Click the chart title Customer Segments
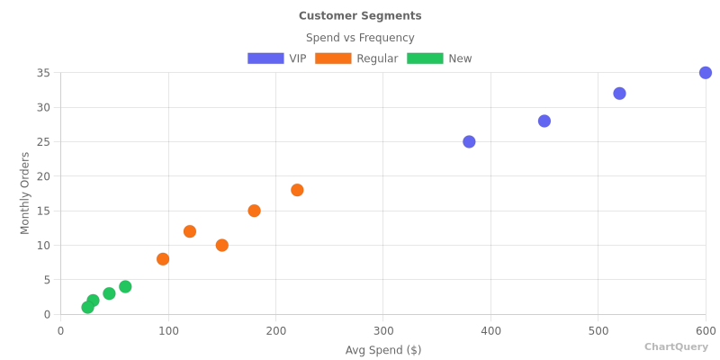pyautogui.click(x=360, y=16)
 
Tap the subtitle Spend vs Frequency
pyautogui.click(x=360, y=38)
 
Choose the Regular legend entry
pyautogui.click(x=356, y=58)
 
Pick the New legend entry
pyautogui.click(x=439, y=58)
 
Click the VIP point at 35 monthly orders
pyautogui.click(x=706, y=73)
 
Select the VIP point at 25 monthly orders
pyautogui.click(x=469, y=141)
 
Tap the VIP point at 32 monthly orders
pyautogui.click(x=619, y=94)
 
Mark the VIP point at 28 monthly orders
pyautogui.click(x=544, y=121)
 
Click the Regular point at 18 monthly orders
pyautogui.click(x=297, y=190)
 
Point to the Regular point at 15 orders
pyautogui.click(x=254, y=211)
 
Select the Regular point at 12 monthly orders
pyautogui.click(x=190, y=231)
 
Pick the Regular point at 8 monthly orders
pyautogui.click(x=163, y=259)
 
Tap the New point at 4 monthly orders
pyautogui.click(x=125, y=286)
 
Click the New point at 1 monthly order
pyautogui.click(x=87, y=307)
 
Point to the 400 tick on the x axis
pyautogui.click(x=490, y=330)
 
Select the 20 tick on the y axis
pyautogui.click(x=43, y=176)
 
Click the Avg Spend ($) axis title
pyautogui.click(x=383, y=350)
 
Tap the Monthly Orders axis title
pyautogui.click(x=25, y=193)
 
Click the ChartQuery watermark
pyautogui.click(x=676, y=346)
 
